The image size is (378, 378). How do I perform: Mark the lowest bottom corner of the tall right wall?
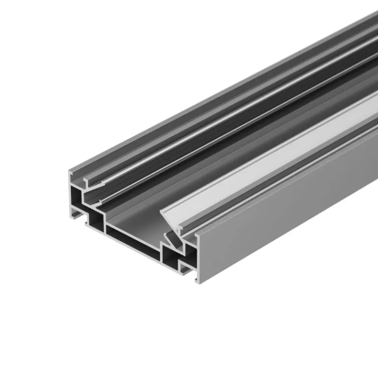pyautogui.click(x=198, y=284)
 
